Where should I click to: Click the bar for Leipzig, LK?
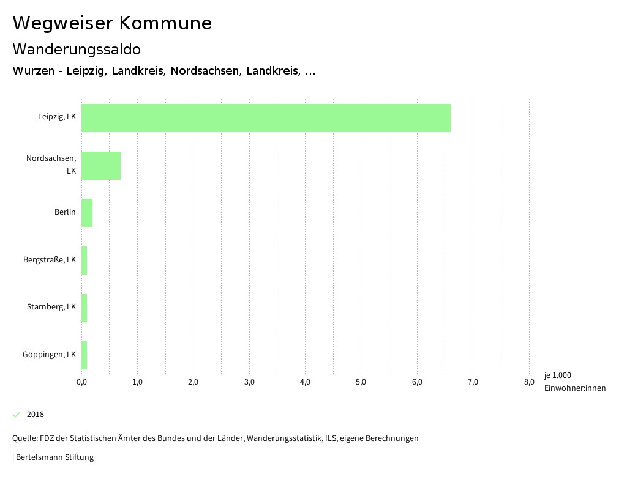(266, 118)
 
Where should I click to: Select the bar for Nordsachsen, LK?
(101, 165)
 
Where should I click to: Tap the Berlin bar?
(87, 213)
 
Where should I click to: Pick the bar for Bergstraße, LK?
(84, 260)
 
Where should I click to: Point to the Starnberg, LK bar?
(84, 308)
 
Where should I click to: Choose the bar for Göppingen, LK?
(84, 355)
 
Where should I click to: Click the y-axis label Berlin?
(65, 212)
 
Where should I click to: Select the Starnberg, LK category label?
(51, 307)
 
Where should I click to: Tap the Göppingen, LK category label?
(50, 355)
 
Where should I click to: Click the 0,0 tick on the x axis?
(81, 382)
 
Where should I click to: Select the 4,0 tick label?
(305, 382)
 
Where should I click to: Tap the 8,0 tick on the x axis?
(528, 382)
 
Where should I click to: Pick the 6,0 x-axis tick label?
(417, 382)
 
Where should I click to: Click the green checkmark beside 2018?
(17, 415)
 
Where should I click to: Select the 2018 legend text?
(36, 415)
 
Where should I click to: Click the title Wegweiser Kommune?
(112, 23)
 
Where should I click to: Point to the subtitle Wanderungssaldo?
(77, 49)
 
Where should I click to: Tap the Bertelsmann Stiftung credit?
(54, 457)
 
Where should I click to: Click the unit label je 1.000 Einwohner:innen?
(574, 382)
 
